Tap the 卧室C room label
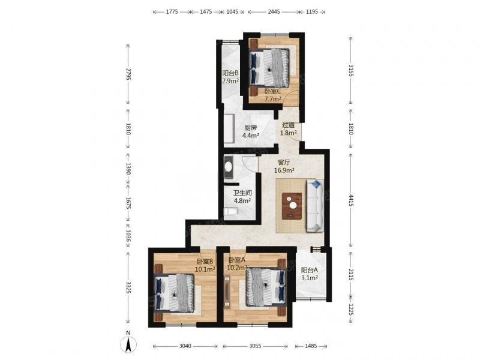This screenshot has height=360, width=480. tap(273, 91)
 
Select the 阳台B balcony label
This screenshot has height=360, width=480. tap(230, 73)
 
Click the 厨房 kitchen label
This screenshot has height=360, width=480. tap(251, 128)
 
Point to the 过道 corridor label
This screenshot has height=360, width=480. tap(289, 125)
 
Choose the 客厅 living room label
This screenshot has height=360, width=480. tap(284, 162)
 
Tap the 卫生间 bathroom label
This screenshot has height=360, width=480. tap(242, 193)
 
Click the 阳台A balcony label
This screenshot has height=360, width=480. tap(309, 270)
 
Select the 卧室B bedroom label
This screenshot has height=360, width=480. tap(205, 261)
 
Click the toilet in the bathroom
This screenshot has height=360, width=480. tap(231, 212)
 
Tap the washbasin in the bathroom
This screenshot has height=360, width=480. tap(229, 167)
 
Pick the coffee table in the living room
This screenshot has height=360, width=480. tap(292, 206)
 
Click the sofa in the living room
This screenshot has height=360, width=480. tap(315, 205)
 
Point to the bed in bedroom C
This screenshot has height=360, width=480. tap(269, 68)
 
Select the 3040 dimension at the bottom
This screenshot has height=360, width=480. tap(185, 346)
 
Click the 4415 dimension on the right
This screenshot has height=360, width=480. tap(351, 200)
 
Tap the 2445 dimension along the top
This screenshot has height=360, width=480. tap(274, 12)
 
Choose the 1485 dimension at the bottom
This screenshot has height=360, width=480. tap(311, 346)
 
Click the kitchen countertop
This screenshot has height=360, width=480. tap(229, 128)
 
